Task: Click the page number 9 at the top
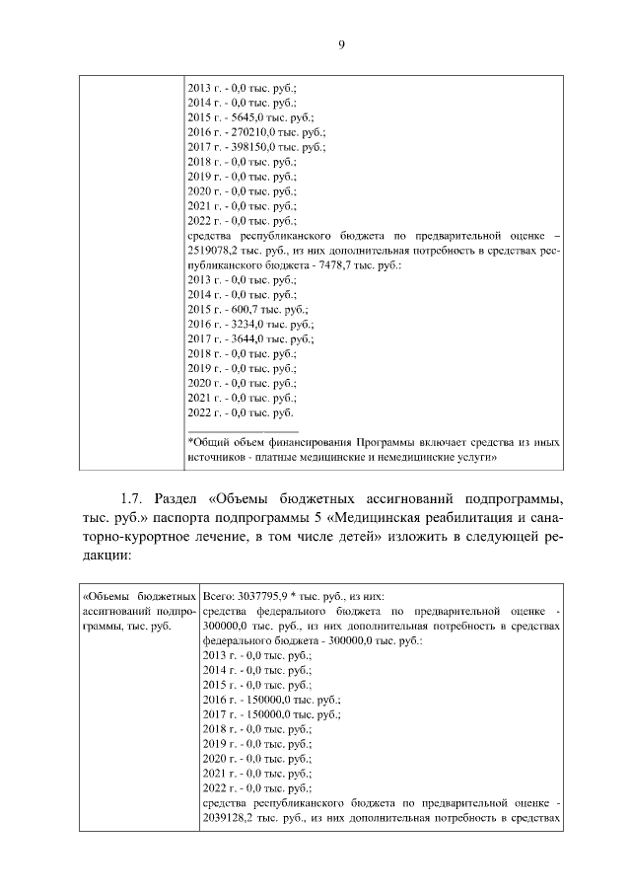(340, 44)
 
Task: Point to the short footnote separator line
(243, 430)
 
